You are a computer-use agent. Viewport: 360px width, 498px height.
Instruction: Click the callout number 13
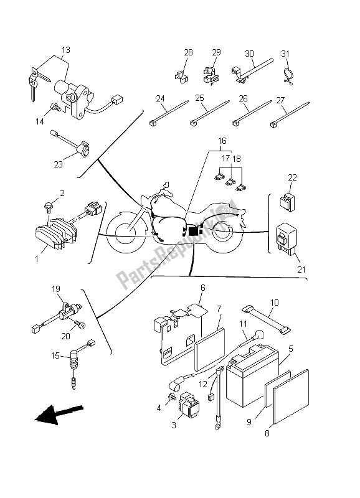(x=66, y=50)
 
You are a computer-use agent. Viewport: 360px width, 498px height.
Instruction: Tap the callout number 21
(x=301, y=270)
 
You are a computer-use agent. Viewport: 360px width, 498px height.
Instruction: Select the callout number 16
(x=222, y=141)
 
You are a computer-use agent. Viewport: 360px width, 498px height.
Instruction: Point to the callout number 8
(x=267, y=433)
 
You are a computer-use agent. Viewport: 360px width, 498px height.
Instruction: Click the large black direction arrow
(x=59, y=415)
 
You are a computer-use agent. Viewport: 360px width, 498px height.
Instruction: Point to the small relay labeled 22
(x=287, y=200)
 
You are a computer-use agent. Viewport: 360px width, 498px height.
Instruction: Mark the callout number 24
(x=160, y=98)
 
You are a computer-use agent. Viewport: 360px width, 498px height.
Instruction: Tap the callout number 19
(x=56, y=289)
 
